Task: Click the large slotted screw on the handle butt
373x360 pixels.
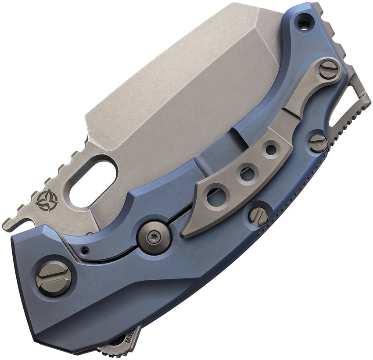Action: tap(54, 278)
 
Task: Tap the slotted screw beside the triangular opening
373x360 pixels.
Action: tap(318, 143)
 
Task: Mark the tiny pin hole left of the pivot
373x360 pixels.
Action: tap(85, 251)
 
